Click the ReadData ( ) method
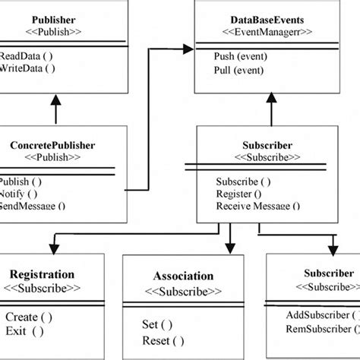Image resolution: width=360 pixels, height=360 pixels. tap(27, 55)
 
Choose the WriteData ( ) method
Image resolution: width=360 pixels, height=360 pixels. tap(27, 68)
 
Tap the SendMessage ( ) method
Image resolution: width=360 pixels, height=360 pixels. tap(32, 205)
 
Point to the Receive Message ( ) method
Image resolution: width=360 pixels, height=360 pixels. tap(257, 205)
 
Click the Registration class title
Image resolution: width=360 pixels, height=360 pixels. tap(42, 274)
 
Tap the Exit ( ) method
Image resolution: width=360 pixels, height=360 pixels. tap(24, 330)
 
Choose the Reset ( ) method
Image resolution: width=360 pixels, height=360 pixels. tap(163, 340)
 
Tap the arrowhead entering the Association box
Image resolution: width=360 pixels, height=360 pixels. tap(230, 248)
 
